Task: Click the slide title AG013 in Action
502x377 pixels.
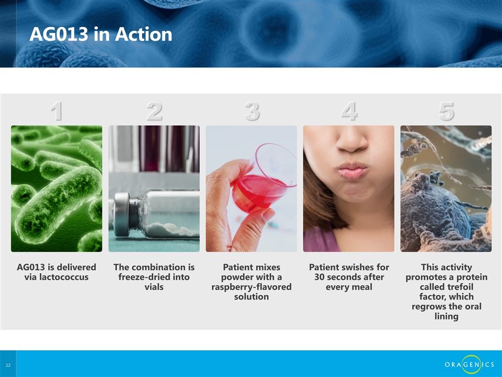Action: point(101,34)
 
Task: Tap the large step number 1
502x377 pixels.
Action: point(56,111)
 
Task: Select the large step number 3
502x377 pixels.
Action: point(252,111)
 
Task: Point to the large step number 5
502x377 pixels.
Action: point(446,111)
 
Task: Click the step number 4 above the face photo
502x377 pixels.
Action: point(349,111)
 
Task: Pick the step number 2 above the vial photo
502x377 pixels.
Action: point(154,111)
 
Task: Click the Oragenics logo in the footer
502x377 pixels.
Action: point(469,364)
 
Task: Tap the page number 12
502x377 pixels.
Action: point(8,365)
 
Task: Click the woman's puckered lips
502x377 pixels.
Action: point(351,170)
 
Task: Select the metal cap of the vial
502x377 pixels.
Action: point(122,215)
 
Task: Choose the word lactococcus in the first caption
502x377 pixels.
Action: point(56,277)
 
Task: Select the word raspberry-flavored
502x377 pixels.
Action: point(252,287)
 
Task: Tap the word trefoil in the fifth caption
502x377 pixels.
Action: point(460,287)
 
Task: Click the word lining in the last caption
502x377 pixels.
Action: point(446,316)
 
